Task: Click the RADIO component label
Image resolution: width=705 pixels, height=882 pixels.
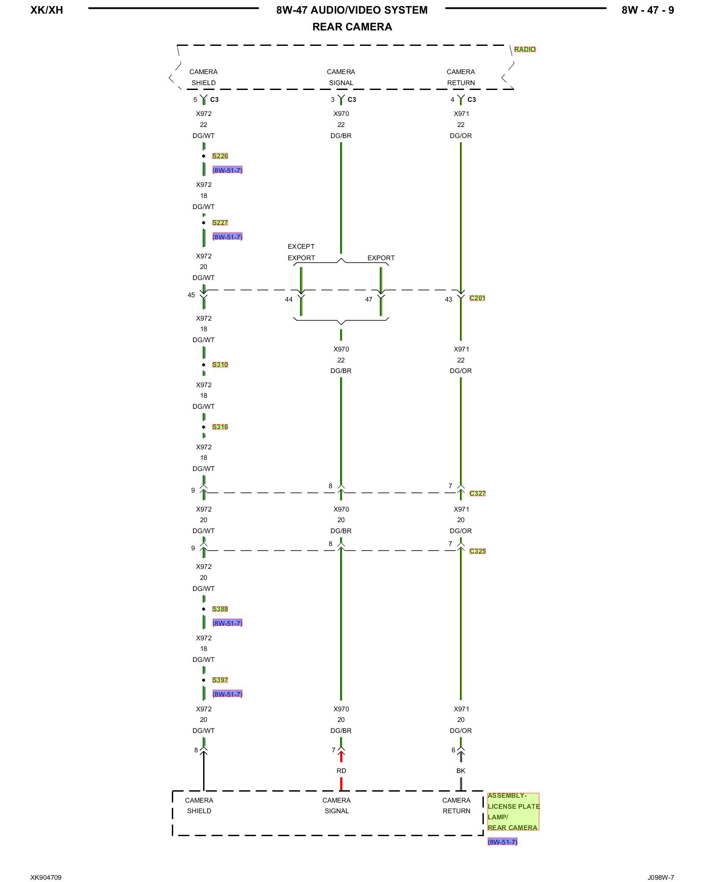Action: (x=525, y=49)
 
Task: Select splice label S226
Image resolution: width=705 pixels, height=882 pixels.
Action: (x=220, y=156)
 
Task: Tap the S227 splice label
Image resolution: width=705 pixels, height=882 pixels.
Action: (x=220, y=223)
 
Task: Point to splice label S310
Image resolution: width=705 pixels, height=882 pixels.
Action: (x=220, y=365)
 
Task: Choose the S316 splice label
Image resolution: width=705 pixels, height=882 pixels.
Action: (x=220, y=427)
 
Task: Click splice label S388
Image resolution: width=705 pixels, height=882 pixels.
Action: (x=220, y=609)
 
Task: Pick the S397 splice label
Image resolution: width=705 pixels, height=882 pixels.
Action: (x=220, y=680)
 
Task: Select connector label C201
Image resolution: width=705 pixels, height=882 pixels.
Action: (x=477, y=298)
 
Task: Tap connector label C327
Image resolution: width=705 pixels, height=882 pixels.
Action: (x=478, y=493)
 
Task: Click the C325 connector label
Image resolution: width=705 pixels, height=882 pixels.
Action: (x=478, y=551)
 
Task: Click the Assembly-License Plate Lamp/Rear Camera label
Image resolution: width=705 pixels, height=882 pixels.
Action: (x=513, y=811)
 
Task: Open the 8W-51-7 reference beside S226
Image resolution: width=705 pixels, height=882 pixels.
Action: (x=227, y=170)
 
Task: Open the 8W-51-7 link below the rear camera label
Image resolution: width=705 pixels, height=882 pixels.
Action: (x=502, y=842)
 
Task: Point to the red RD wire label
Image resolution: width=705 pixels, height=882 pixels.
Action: (x=341, y=771)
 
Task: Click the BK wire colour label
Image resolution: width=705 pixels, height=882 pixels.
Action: (x=460, y=771)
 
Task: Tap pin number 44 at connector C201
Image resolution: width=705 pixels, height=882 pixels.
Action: (x=289, y=299)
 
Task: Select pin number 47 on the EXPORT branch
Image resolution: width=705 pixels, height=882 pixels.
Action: (x=369, y=299)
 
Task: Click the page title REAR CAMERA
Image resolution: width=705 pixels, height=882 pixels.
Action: (x=352, y=27)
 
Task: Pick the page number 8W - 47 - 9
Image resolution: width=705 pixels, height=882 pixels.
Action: (x=647, y=10)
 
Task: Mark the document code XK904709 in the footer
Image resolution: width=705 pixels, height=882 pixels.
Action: (x=46, y=878)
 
